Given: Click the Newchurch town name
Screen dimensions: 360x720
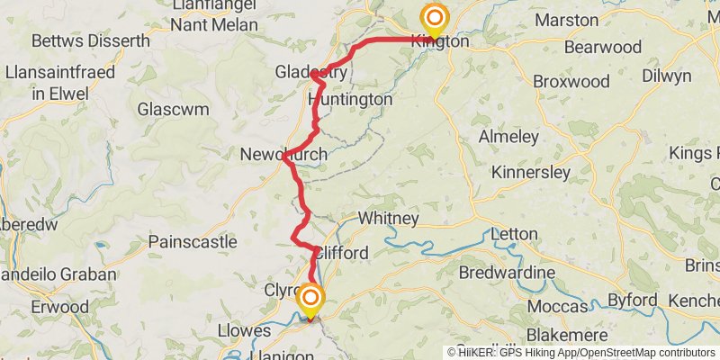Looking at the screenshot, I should (283, 155).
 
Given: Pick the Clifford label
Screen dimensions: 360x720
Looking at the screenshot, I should (341, 253).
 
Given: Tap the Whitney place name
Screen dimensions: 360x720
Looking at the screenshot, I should (388, 219).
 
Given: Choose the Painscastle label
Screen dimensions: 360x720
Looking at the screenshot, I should (193, 241).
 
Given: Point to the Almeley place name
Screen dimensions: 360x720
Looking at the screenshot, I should (508, 137).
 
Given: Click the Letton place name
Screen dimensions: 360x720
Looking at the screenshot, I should (515, 235).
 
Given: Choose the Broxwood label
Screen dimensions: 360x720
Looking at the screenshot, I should (571, 81).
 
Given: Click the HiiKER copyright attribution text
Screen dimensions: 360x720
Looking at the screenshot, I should (581, 352).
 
